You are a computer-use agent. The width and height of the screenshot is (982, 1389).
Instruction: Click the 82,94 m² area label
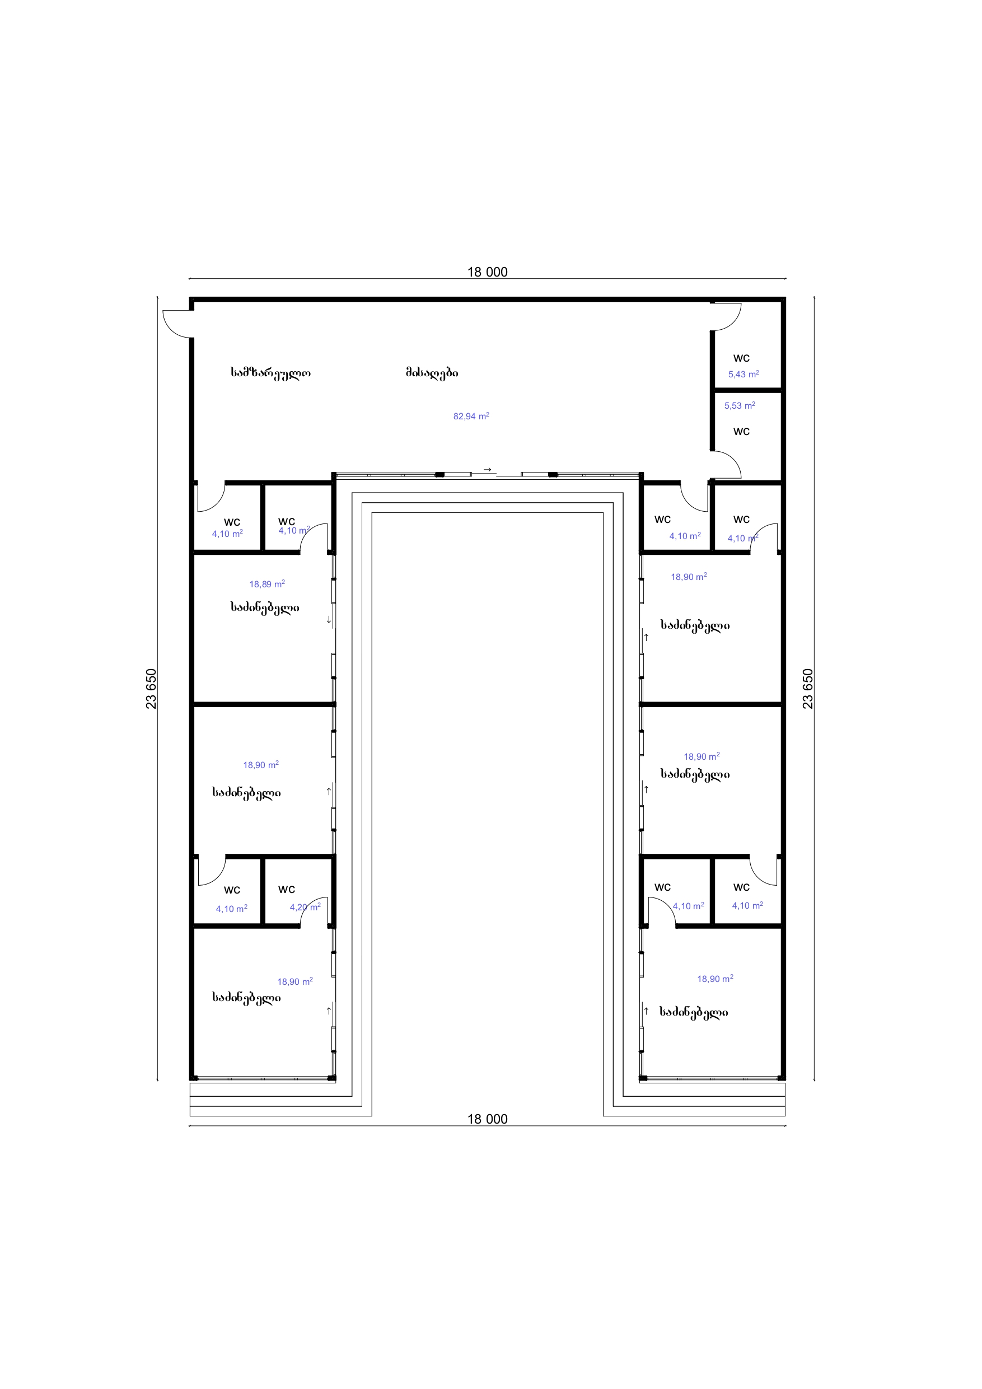click(471, 416)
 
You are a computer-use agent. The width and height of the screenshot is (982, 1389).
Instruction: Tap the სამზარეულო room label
click(270, 373)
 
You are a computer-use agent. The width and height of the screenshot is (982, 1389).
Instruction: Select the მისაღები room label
click(432, 373)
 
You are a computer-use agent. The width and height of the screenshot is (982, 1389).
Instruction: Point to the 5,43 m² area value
click(743, 374)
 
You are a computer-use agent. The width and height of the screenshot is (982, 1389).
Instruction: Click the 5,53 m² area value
click(740, 405)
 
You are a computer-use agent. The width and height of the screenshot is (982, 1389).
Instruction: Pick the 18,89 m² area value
click(267, 584)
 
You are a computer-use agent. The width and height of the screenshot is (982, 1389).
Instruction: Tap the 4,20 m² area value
click(305, 907)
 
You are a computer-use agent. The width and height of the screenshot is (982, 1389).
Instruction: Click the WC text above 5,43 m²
click(741, 358)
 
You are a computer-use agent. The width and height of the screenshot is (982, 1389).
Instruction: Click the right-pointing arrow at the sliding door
click(487, 470)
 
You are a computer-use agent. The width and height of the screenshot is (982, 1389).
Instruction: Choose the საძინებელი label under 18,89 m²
click(264, 607)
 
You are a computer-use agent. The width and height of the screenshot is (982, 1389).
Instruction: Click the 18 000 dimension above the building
click(487, 272)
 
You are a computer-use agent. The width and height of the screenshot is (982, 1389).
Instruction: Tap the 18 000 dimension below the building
click(487, 1119)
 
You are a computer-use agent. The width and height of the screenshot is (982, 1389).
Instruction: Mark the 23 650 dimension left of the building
click(151, 689)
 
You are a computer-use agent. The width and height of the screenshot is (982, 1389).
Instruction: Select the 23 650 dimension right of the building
click(808, 689)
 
